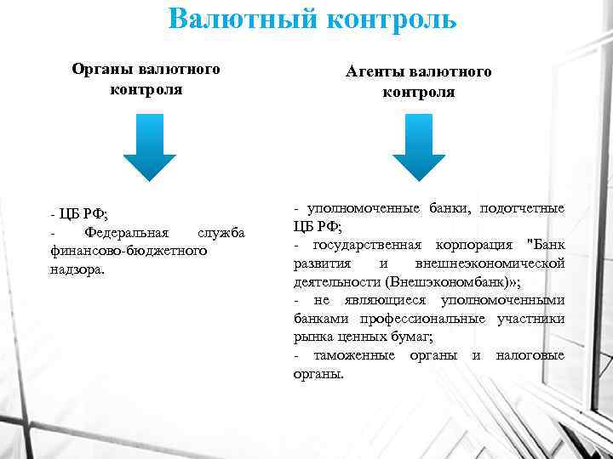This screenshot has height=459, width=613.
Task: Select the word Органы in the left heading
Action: pyautogui.click(x=100, y=69)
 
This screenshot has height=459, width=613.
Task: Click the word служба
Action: pyautogui.click(x=221, y=233)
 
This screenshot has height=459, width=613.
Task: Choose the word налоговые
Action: pyautogui.click(x=530, y=355)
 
